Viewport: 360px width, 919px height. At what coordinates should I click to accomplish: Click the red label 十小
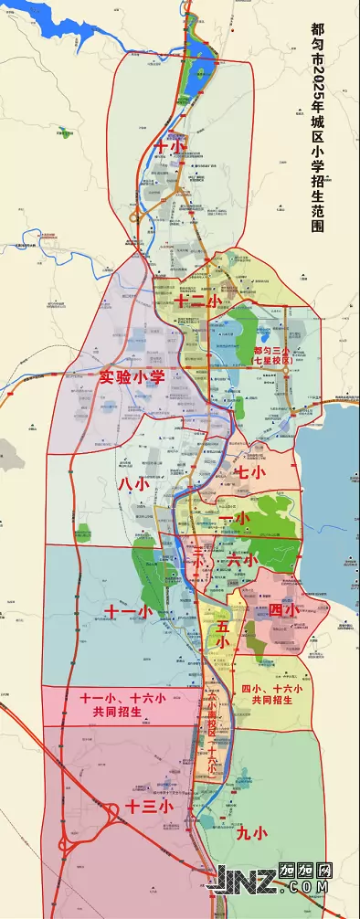[x=170, y=146]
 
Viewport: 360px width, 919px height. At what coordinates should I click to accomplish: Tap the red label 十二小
[x=198, y=300]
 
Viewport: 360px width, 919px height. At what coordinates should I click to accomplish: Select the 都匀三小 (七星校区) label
[x=271, y=355]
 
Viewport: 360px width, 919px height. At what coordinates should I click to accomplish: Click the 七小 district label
[x=249, y=472]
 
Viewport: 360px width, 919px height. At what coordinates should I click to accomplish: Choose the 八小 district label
[x=133, y=484]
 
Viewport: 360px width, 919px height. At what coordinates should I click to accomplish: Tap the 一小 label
[x=235, y=518]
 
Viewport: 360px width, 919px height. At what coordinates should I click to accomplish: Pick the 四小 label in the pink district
[x=282, y=609]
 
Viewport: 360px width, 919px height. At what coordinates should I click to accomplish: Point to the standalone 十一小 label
[x=127, y=611]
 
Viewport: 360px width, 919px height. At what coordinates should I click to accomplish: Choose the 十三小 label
[x=149, y=807]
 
